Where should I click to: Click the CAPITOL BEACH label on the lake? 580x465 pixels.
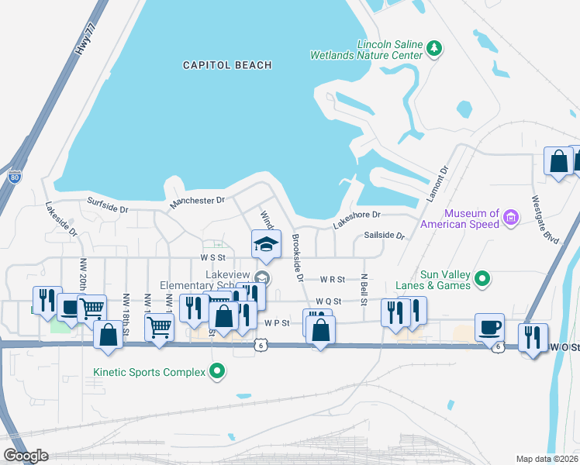tap(227, 66)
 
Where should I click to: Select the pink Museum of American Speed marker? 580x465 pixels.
tap(510, 219)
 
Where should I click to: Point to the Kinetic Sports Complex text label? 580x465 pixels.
tap(149, 373)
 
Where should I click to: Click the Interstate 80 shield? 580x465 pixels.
tap(16, 176)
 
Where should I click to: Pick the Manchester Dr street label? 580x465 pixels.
tap(197, 201)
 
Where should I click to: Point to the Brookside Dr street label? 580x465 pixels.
tap(295, 257)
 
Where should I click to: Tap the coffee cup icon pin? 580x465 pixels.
tap(489, 327)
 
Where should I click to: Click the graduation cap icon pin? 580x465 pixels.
tap(266, 244)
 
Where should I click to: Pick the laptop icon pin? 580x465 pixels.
tap(71, 307)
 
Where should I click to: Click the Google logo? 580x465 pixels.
tap(26, 456)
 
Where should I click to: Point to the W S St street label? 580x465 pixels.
tap(212, 257)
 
